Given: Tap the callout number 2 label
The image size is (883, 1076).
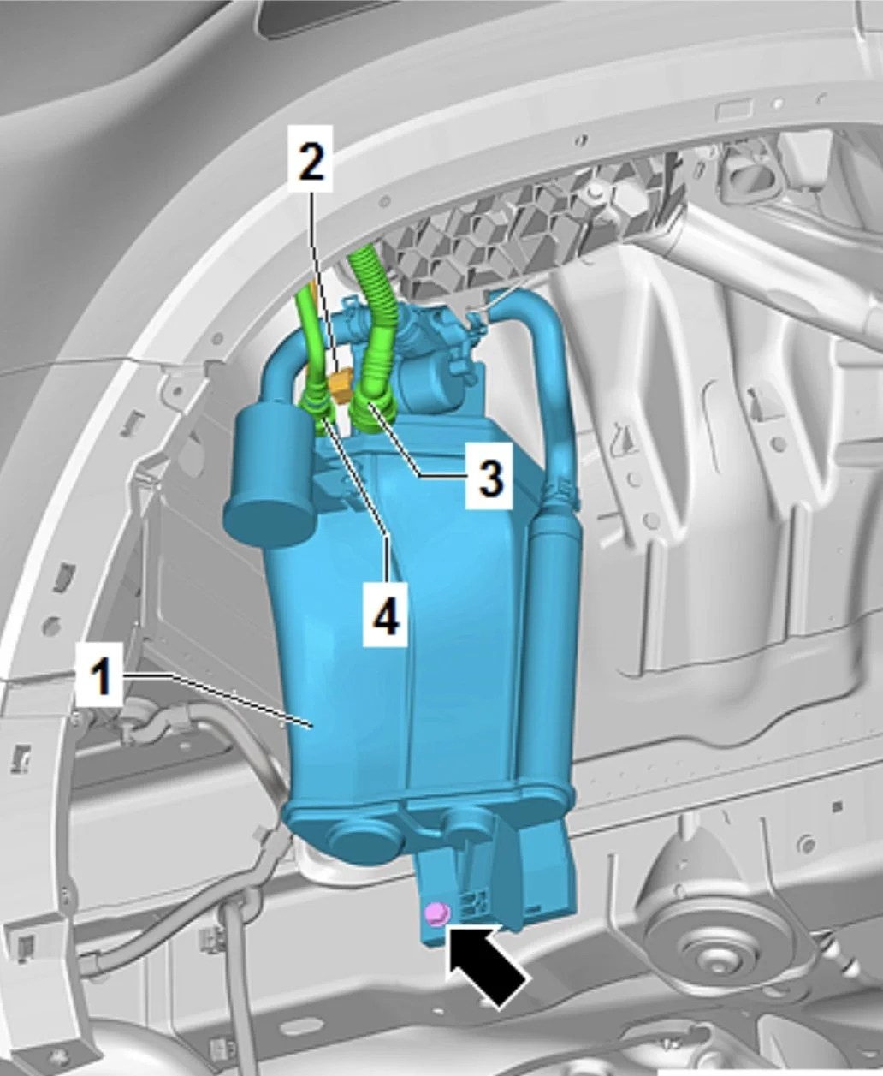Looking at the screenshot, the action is pyautogui.click(x=310, y=158).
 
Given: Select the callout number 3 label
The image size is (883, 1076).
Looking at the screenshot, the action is pyautogui.click(x=489, y=475).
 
